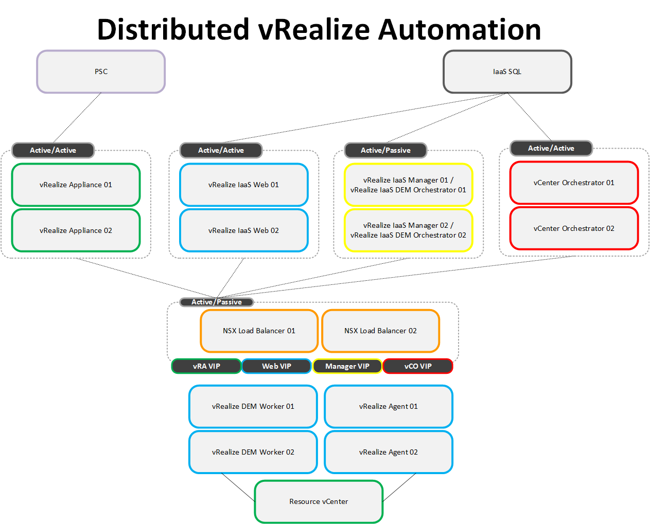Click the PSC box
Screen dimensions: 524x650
pyautogui.click(x=101, y=71)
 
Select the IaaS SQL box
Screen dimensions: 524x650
pyautogui.click(x=507, y=71)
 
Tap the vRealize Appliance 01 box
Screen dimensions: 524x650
pyautogui.click(x=76, y=185)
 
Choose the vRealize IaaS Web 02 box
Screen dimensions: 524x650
pyautogui.click(x=243, y=230)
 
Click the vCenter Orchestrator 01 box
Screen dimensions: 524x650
pyautogui.click(x=574, y=183)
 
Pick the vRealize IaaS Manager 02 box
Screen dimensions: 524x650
pyautogui.click(x=408, y=230)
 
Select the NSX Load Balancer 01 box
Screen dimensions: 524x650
pyautogui.click(x=259, y=331)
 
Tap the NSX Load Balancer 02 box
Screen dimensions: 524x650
pyautogui.click(x=380, y=331)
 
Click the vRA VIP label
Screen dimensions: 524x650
pyautogui.click(x=206, y=366)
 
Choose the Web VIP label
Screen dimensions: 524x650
pyautogui.click(x=276, y=366)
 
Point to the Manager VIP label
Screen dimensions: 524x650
pyautogui.click(x=347, y=366)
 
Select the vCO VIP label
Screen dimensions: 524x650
pyautogui.click(x=418, y=366)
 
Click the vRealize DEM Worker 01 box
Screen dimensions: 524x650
pyautogui.click(x=253, y=406)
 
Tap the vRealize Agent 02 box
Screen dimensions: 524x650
pyautogui.click(x=389, y=452)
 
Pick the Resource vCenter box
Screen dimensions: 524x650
pyautogui.click(x=319, y=501)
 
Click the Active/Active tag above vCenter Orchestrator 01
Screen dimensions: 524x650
pyautogui.click(x=551, y=148)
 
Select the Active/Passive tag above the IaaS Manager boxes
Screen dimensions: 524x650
pyautogui.click(x=385, y=150)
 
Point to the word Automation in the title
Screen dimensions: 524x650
pyautogui.click(x=460, y=29)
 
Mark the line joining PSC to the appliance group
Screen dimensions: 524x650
pyautogui.click(x=77, y=117)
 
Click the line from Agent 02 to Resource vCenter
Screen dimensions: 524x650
pyautogui.click(x=399, y=487)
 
